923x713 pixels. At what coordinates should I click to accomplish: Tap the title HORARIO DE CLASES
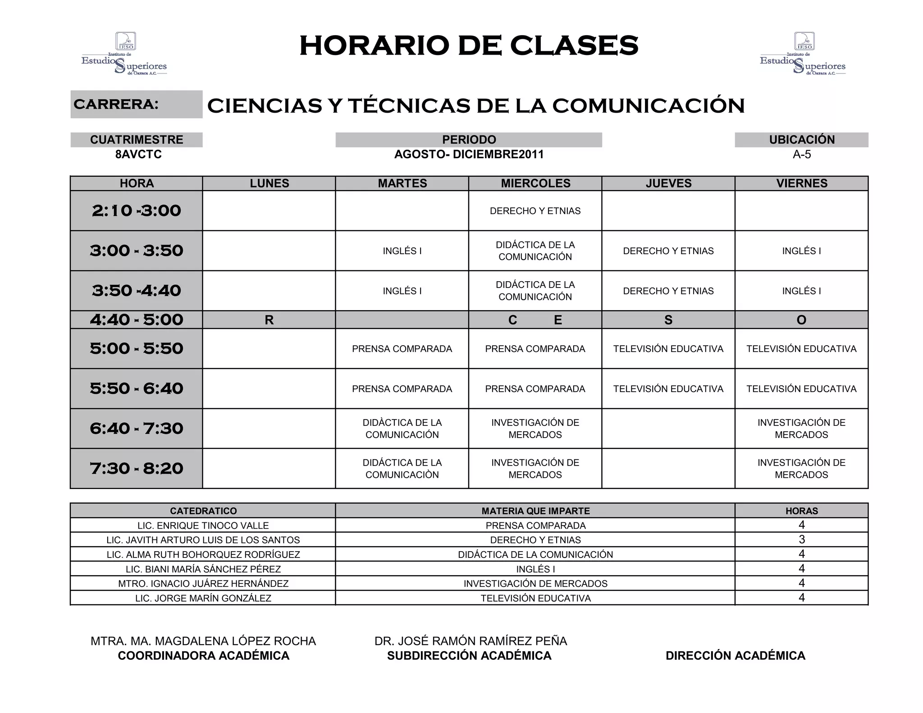469,46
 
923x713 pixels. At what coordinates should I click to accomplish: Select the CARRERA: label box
137,104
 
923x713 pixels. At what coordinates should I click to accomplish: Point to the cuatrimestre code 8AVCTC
138,155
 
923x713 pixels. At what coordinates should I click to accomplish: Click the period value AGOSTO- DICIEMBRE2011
469,155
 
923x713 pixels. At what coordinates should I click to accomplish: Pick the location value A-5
801,155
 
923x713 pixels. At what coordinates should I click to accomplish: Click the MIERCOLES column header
535,183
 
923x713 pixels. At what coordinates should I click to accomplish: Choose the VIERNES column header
801,183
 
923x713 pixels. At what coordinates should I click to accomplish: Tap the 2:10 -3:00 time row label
137,210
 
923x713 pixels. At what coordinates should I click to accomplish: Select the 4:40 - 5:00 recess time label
137,320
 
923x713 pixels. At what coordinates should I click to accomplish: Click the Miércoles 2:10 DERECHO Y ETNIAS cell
535,211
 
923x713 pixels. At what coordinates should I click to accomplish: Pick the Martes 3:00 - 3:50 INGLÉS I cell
402,251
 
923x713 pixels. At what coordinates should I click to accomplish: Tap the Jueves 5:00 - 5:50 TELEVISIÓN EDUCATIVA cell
668,349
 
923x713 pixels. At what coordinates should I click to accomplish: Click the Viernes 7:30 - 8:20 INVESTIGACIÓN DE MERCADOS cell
801,468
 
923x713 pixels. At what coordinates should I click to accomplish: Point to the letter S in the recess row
668,320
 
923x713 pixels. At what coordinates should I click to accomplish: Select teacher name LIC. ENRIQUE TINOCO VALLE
203,526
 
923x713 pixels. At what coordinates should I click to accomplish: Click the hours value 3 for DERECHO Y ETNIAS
801,539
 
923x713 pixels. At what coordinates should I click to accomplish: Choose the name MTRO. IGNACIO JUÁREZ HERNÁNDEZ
203,584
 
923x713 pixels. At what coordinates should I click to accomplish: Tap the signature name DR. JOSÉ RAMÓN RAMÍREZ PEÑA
471,641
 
